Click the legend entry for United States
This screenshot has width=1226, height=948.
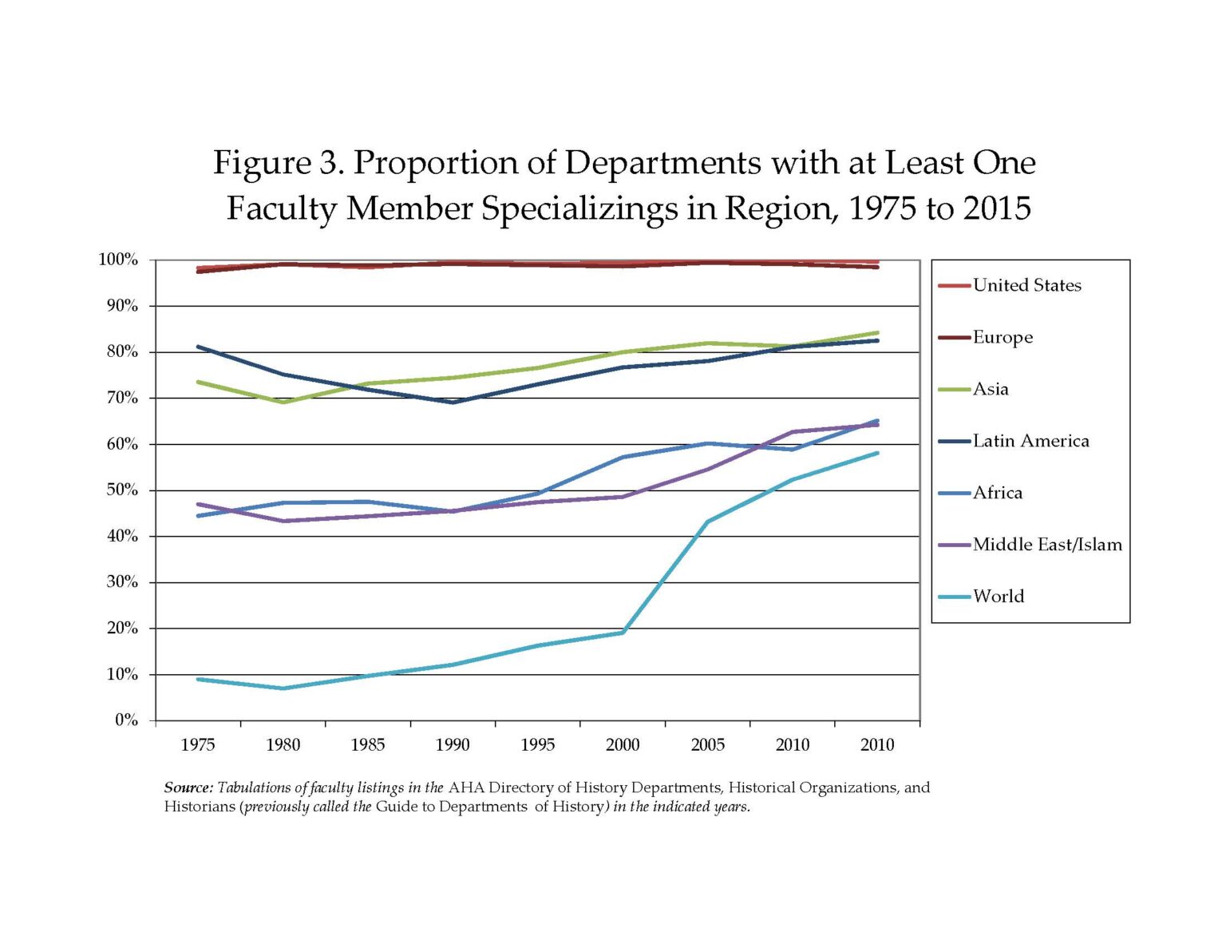[1026, 285]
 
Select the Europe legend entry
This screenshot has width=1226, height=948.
[1003, 337]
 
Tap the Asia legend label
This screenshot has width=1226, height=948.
[991, 389]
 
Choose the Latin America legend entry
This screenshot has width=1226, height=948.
[1030, 441]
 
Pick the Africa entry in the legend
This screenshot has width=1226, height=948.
[997, 493]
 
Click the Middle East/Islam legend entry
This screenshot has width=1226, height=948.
[1047, 545]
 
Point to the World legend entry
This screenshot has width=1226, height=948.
[998, 597]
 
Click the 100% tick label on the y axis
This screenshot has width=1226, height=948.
[118, 260]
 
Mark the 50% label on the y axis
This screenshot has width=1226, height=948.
[121, 490]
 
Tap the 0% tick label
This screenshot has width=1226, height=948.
[126, 720]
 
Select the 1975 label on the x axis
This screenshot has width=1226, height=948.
[197, 745]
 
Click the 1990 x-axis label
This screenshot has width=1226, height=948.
[453, 745]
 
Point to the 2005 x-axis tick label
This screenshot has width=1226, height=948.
[707, 745]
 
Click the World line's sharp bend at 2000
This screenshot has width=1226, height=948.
[623, 633]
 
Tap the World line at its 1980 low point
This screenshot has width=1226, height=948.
[283, 688]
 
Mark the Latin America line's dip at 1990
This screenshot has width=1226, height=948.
[453, 402]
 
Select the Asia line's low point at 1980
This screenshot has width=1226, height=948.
[283, 402]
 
